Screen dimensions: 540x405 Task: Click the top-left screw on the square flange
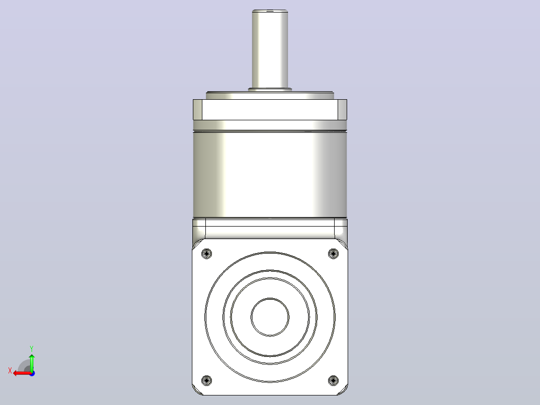tap(206, 254)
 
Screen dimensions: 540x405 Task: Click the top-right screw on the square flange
tap(334, 254)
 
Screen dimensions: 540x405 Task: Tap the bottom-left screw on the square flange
tap(206, 380)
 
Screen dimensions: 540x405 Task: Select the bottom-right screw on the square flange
tap(334, 380)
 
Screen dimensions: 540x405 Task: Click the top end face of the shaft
tap(270, 11)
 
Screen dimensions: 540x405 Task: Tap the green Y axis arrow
tap(32, 362)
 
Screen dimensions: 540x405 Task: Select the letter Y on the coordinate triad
tap(32, 348)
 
